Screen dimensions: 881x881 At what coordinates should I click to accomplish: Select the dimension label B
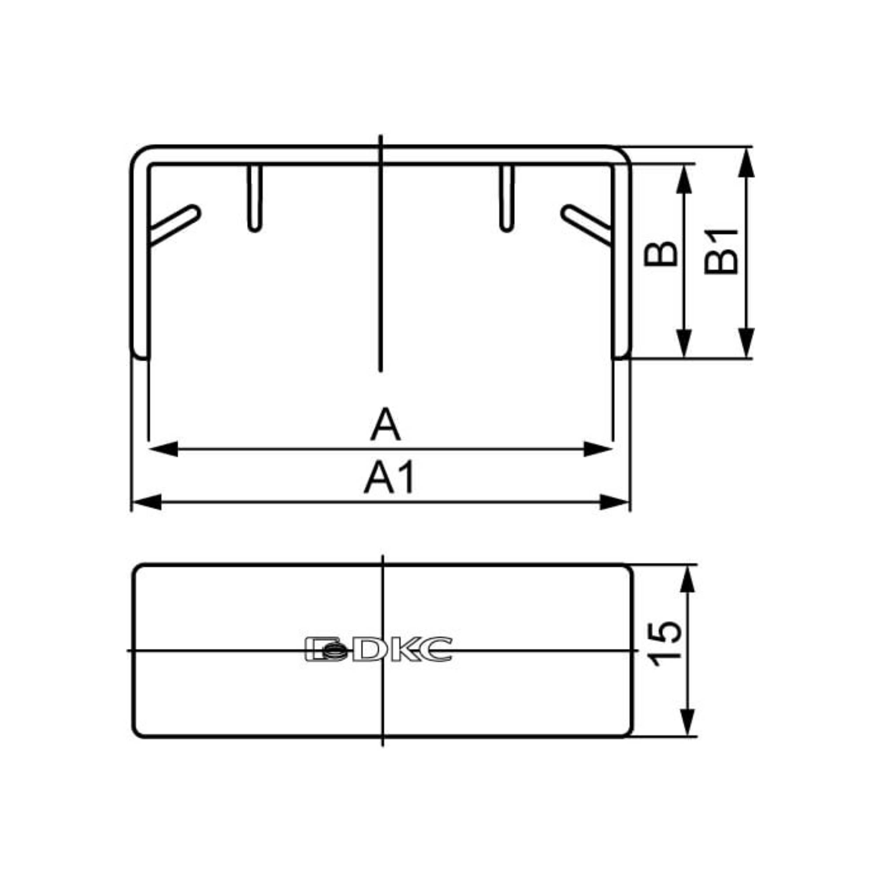pos(660,254)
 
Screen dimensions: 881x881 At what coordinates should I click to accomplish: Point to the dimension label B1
pos(721,252)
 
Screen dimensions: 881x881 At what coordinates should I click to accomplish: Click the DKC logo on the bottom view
pos(378,649)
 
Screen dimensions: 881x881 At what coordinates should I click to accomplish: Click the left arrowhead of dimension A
pos(163,449)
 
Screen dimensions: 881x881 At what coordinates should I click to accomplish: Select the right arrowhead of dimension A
pos(598,449)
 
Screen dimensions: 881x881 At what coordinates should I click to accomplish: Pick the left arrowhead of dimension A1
pos(146,502)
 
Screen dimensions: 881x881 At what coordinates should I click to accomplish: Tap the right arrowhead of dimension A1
pos(614,502)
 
